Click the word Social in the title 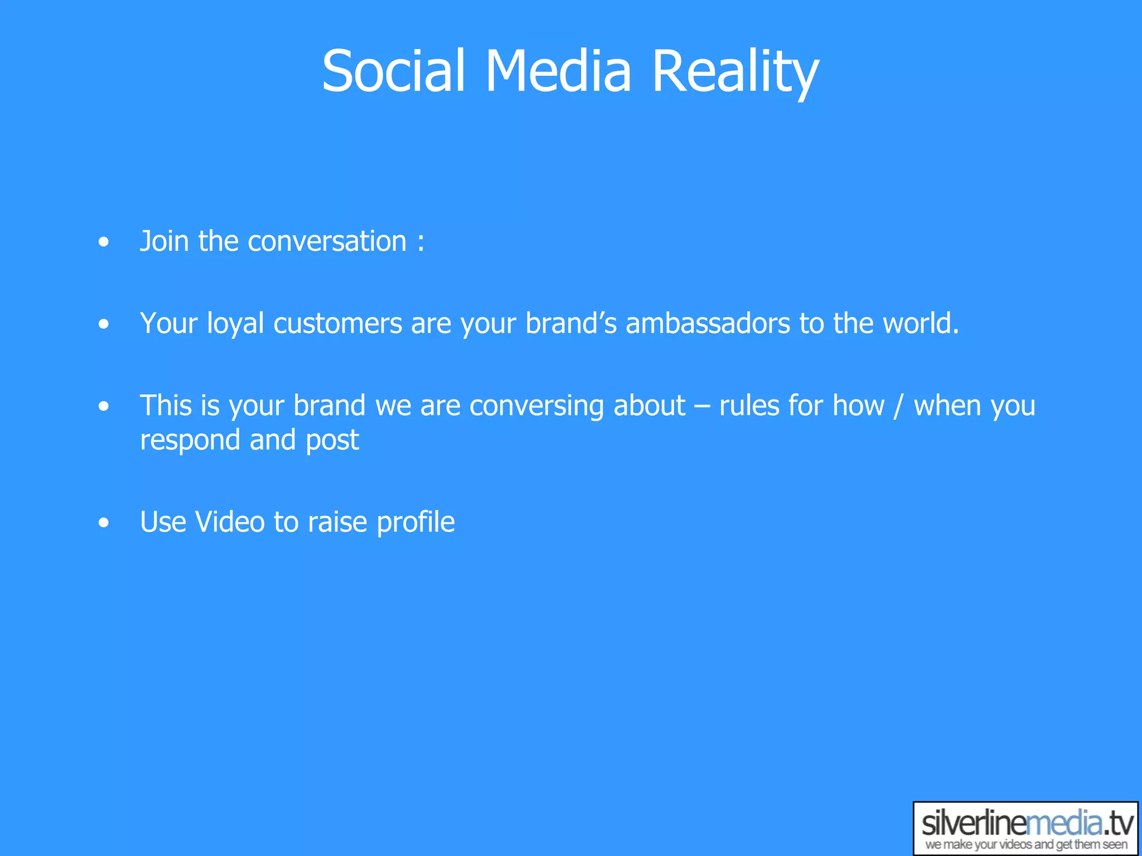[393, 71]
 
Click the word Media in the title [558, 71]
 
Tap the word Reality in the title [735, 71]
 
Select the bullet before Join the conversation [103, 242]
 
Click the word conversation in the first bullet [327, 241]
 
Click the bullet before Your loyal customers [103, 324]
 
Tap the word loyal [235, 324]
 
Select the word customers [337, 324]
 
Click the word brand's [570, 324]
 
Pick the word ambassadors [708, 324]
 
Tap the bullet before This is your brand [103, 406]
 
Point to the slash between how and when [898, 406]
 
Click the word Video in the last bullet [229, 522]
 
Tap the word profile [415, 522]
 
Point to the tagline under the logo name [1025, 845]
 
